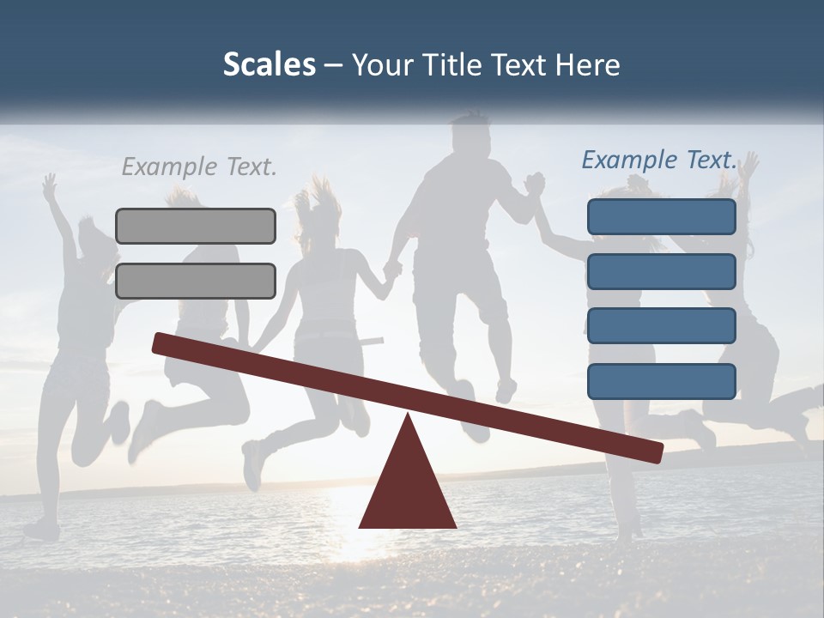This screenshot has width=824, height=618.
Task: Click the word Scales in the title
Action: pyautogui.click(x=269, y=65)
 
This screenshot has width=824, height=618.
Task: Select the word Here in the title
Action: pyautogui.click(x=587, y=65)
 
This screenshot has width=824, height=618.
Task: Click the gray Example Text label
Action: pyautogui.click(x=199, y=167)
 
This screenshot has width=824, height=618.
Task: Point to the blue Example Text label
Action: pyautogui.click(x=659, y=160)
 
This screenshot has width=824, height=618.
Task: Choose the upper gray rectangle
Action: pyautogui.click(x=196, y=226)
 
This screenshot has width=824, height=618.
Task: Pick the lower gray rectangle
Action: pyautogui.click(x=196, y=281)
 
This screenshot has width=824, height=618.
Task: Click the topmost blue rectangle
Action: pyautogui.click(x=661, y=217)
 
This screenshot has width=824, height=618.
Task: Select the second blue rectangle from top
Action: pyautogui.click(x=661, y=271)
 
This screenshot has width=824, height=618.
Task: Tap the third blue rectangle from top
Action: pyautogui.click(x=661, y=326)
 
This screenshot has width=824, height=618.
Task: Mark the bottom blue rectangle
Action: pyautogui.click(x=661, y=381)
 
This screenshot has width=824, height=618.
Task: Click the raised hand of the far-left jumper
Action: pyautogui.click(x=50, y=185)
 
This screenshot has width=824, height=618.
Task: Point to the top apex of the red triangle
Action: pyautogui.click(x=408, y=416)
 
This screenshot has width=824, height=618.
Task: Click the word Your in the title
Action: pyautogui.click(x=382, y=65)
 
